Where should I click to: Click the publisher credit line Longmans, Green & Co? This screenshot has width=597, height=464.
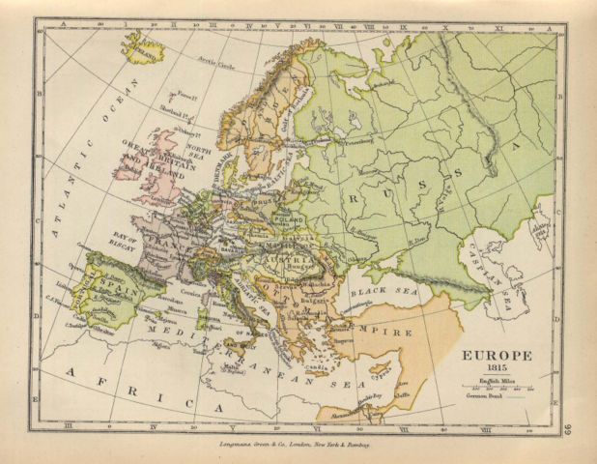click(291, 442)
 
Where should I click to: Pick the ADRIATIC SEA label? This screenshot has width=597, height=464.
click(249, 297)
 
